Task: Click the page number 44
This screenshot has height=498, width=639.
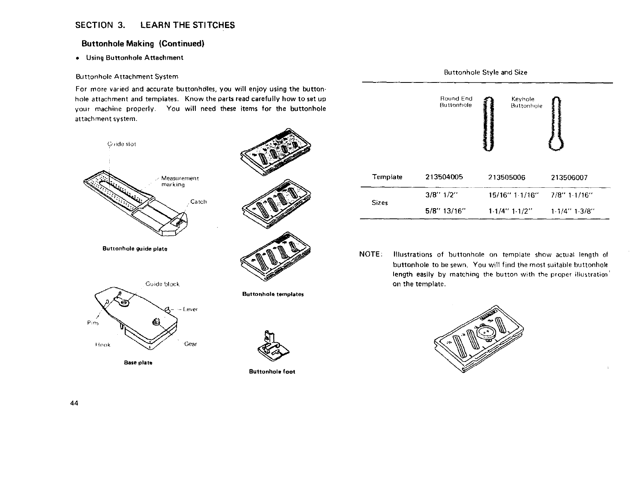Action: pos(73,403)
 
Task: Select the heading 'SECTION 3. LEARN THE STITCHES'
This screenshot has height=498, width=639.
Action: pos(155,25)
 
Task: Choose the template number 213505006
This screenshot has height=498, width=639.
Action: pos(506,177)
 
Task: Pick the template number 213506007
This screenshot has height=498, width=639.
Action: pos(569,177)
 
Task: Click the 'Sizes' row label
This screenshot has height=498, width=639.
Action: pos(380,203)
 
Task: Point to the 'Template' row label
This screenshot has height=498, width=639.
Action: pos(387,177)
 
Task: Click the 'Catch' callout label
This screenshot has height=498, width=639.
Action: pos(198,202)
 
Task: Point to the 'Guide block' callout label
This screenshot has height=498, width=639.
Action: pos(162,284)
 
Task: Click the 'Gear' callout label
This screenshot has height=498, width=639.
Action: pos(191,344)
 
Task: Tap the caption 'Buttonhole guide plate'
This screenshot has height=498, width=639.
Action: pos(135,249)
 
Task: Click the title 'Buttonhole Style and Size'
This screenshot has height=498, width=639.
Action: pos(485,72)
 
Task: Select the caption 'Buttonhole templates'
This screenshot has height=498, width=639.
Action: pos(273,294)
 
